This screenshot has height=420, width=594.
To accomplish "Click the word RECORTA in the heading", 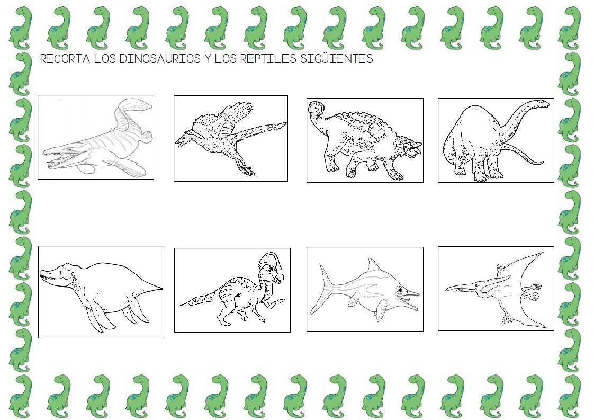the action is tap(65, 59).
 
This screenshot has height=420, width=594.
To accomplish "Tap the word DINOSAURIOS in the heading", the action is tap(160, 59).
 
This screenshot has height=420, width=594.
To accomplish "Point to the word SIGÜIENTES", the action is tap(337, 59).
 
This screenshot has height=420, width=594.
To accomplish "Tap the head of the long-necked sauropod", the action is tap(542, 103).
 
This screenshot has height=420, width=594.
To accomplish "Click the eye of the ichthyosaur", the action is tap(400, 290).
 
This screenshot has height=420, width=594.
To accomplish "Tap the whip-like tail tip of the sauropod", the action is tap(541, 163).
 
